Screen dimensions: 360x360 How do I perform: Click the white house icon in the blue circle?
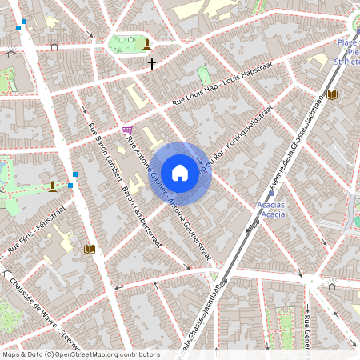pos(180,173)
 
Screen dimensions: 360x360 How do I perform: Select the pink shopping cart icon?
pos(127,130)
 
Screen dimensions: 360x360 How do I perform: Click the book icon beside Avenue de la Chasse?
pos(332,94)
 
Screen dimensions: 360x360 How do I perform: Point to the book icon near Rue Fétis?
pos(89,250)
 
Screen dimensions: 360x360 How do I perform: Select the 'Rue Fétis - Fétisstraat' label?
pos(37,230)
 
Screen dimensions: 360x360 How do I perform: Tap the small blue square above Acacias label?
pos(271,193)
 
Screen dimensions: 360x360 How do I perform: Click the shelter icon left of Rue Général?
pos(331,285)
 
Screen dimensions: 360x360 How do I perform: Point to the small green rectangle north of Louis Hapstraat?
pos(204,75)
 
